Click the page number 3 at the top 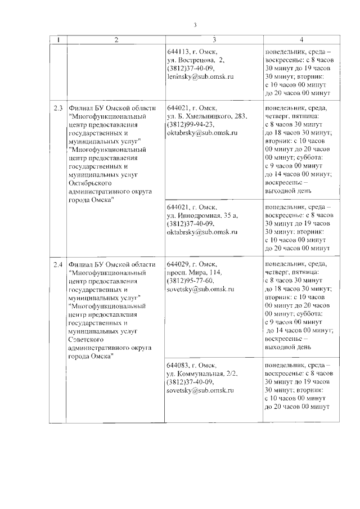(x=195, y=24)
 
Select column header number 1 (x=58, y=40)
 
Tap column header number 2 (x=116, y=40)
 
